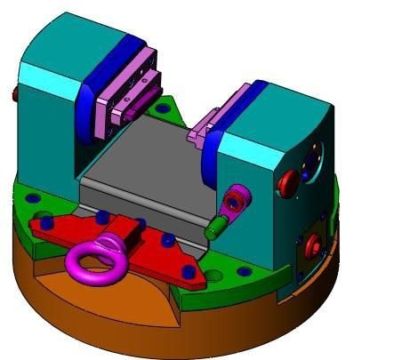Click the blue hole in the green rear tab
(x=161, y=108)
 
